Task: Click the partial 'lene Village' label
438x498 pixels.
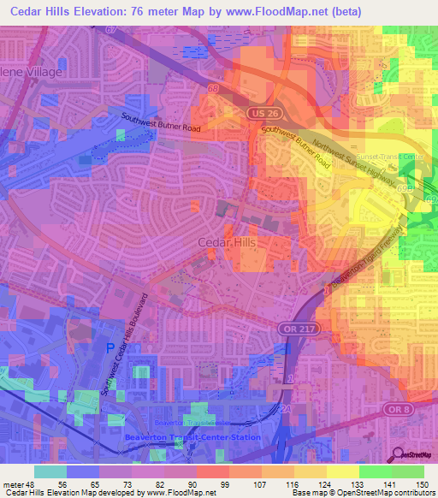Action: (x=32, y=72)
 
